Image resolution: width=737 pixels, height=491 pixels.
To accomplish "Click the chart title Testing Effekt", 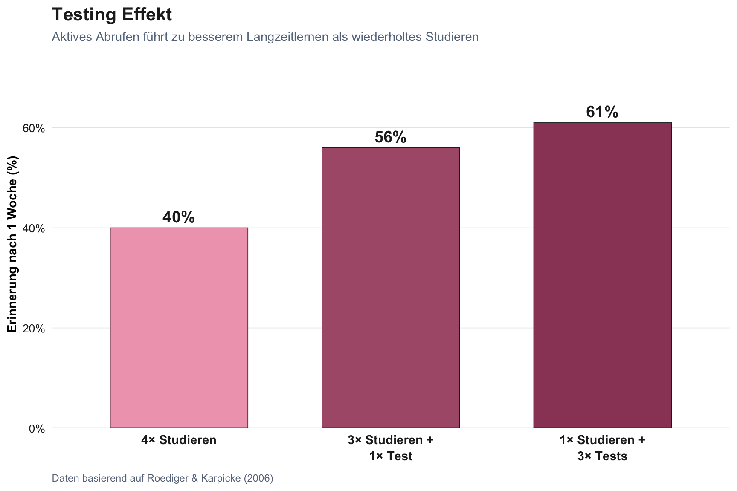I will point(112,15).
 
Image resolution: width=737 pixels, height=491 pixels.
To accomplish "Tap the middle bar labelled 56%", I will point(390,288).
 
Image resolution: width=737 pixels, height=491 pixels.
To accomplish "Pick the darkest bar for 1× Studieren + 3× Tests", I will point(602,275).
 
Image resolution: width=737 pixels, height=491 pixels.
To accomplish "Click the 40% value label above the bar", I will point(178,217).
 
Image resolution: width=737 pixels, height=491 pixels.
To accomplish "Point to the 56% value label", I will point(390,137).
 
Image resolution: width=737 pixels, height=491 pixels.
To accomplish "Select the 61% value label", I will point(602,112).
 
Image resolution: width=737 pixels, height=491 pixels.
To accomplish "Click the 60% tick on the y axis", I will point(33,128).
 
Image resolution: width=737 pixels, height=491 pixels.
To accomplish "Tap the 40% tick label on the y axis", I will point(33,228).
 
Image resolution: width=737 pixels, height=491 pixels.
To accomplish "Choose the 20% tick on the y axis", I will point(33,329).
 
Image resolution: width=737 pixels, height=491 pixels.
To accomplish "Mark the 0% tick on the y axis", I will point(36,429).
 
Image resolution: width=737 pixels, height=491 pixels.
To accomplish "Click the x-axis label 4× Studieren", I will point(179,440).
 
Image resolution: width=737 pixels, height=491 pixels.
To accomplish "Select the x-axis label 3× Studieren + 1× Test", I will point(390,448).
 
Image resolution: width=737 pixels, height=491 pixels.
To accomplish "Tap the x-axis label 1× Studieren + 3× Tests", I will point(602,448).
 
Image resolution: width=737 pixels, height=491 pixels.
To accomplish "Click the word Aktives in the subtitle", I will point(72,37).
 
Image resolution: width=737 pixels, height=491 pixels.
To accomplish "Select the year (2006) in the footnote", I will point(258,478).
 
